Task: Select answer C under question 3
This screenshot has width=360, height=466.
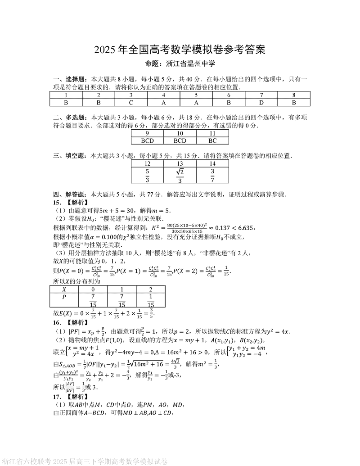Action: [x=131, y=102]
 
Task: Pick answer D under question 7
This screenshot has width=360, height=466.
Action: [x=261, y=102]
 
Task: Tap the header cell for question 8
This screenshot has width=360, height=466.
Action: [x=294, y=95]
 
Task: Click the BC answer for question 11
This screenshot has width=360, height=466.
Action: [x=212, y=140]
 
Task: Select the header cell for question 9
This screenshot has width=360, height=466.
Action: [x=147, y=133]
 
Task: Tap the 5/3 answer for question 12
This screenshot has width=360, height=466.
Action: [x=147, y=175]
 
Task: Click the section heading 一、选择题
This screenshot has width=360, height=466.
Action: [x=69, y=79]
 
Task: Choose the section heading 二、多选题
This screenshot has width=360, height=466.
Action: [x=69, y=118]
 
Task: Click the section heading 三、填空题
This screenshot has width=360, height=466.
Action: [x=69, y=156]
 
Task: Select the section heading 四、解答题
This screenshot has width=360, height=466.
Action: [x=69, y=195]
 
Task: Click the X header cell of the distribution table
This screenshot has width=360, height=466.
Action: [x=64, y=289]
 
